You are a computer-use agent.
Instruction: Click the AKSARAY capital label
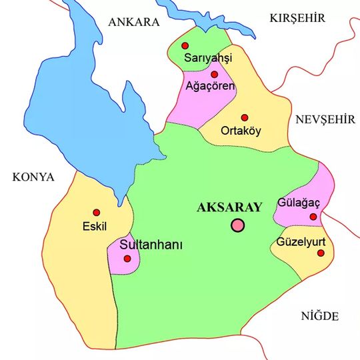230,207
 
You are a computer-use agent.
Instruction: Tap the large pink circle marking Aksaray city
238,225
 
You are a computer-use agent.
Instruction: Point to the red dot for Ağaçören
215,74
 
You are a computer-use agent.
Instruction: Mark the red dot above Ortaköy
245,117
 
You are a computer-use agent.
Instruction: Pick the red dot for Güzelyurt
321,253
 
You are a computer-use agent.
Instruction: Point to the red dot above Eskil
97,212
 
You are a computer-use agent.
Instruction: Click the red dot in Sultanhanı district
127,257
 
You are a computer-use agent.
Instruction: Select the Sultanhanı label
151,245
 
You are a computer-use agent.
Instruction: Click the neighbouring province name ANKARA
134,21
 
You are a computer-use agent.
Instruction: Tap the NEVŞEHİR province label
323,119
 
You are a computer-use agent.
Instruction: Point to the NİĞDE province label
320,315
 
